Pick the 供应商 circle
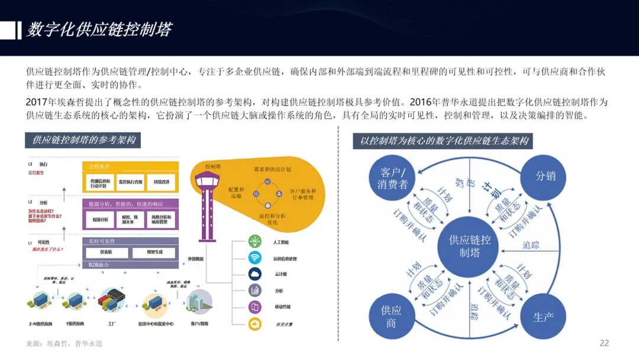(391, 316)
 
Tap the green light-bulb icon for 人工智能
(255, 242)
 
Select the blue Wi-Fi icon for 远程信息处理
(255, 258)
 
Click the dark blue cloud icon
(255, 274)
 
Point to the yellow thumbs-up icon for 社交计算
(255, 323)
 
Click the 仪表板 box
(105, 252)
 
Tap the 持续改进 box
(157, 182)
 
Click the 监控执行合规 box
(130, 182)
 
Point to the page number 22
(604, 343)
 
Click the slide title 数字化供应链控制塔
(99, 30)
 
